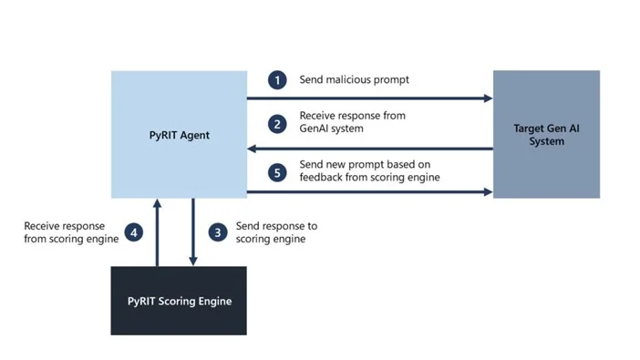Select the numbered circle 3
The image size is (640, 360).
point(217,232)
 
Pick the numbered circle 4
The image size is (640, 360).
point(133,232)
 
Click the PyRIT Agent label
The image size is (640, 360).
point(180,135)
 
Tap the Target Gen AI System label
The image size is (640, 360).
point(546,135)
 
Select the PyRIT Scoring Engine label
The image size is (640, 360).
point(179,301)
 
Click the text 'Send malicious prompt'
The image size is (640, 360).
point(354,80)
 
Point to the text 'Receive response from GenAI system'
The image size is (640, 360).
point(352,122)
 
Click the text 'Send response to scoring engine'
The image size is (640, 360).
point(276,232)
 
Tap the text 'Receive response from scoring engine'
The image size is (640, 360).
point(65,232)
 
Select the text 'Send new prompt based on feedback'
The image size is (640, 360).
point(369,170)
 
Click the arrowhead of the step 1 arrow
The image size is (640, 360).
point(488,98)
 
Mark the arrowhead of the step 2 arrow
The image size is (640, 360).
point(253,148)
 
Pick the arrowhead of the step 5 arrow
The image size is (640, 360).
point(488,192)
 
